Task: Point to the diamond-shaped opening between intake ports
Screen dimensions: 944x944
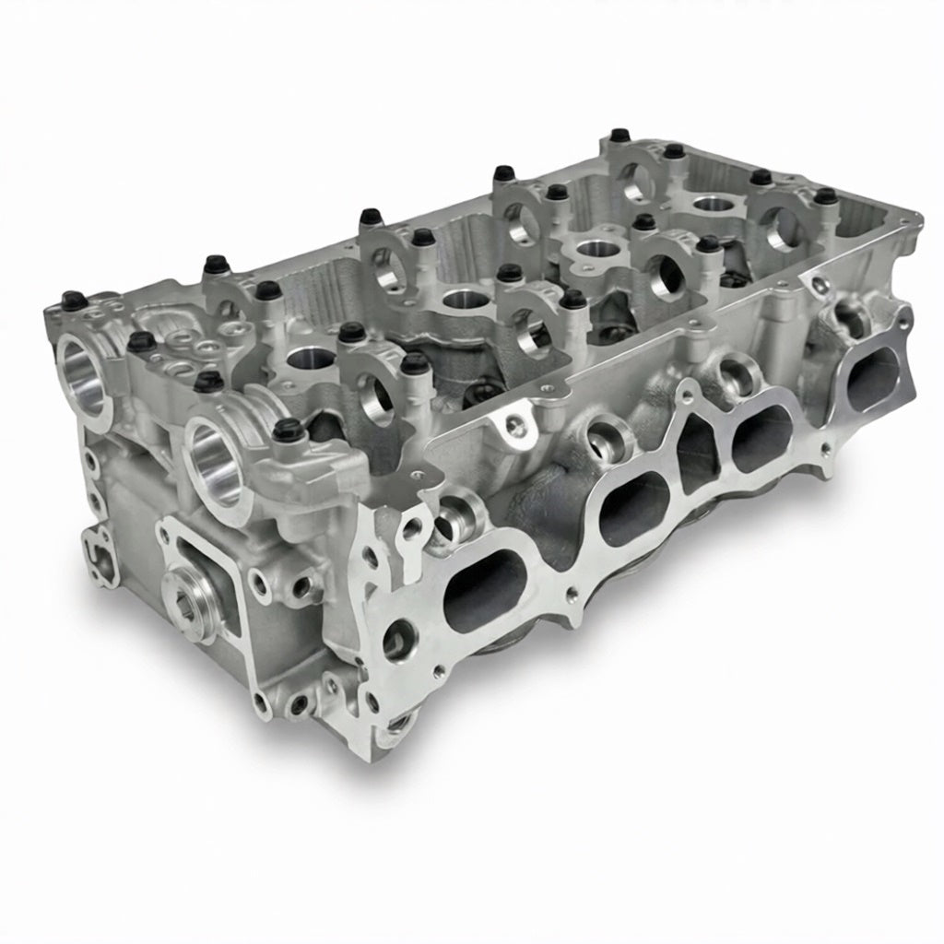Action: point(698,450)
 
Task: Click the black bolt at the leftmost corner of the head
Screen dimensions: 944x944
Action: point(71,300)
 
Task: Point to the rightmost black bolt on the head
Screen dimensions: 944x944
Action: point(826,195)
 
